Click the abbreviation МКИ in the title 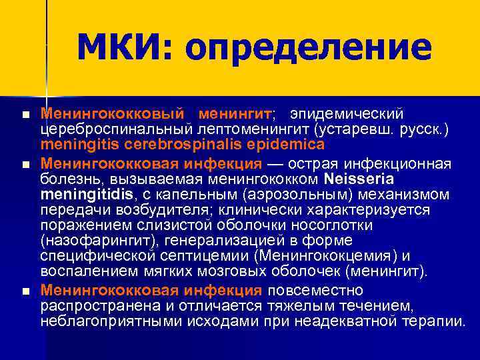coord(124,48)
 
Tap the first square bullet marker coord(25,116)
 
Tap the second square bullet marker coord(25,164)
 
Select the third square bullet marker coord(25,291)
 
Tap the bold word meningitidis coord(86,194)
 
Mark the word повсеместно coord(315,291)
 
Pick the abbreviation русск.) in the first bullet coord(425,130)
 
